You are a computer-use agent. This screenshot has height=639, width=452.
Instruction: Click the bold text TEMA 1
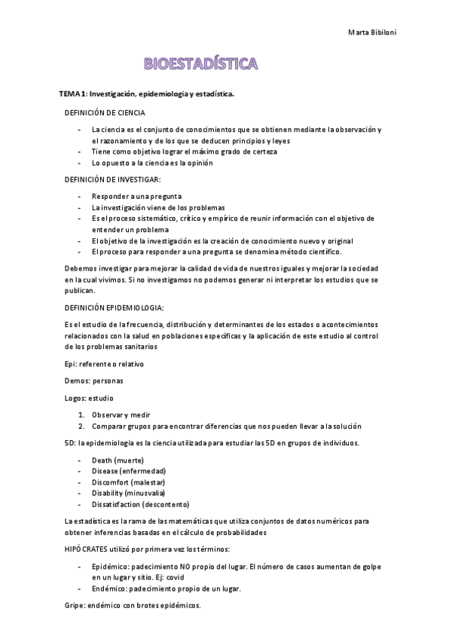(73, 94)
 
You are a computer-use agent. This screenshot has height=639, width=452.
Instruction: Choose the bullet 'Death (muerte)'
(118, 460)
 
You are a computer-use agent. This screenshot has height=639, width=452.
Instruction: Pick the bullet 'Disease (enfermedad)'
(129, 471)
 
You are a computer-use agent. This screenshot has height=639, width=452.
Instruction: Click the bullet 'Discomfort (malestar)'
(128, 482)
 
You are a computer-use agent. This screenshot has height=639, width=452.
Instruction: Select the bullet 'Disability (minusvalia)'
(128, 493)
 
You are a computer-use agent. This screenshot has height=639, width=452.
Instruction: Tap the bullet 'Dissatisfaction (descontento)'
(140, 504)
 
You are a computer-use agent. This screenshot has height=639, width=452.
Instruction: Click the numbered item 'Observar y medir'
(121, 414)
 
